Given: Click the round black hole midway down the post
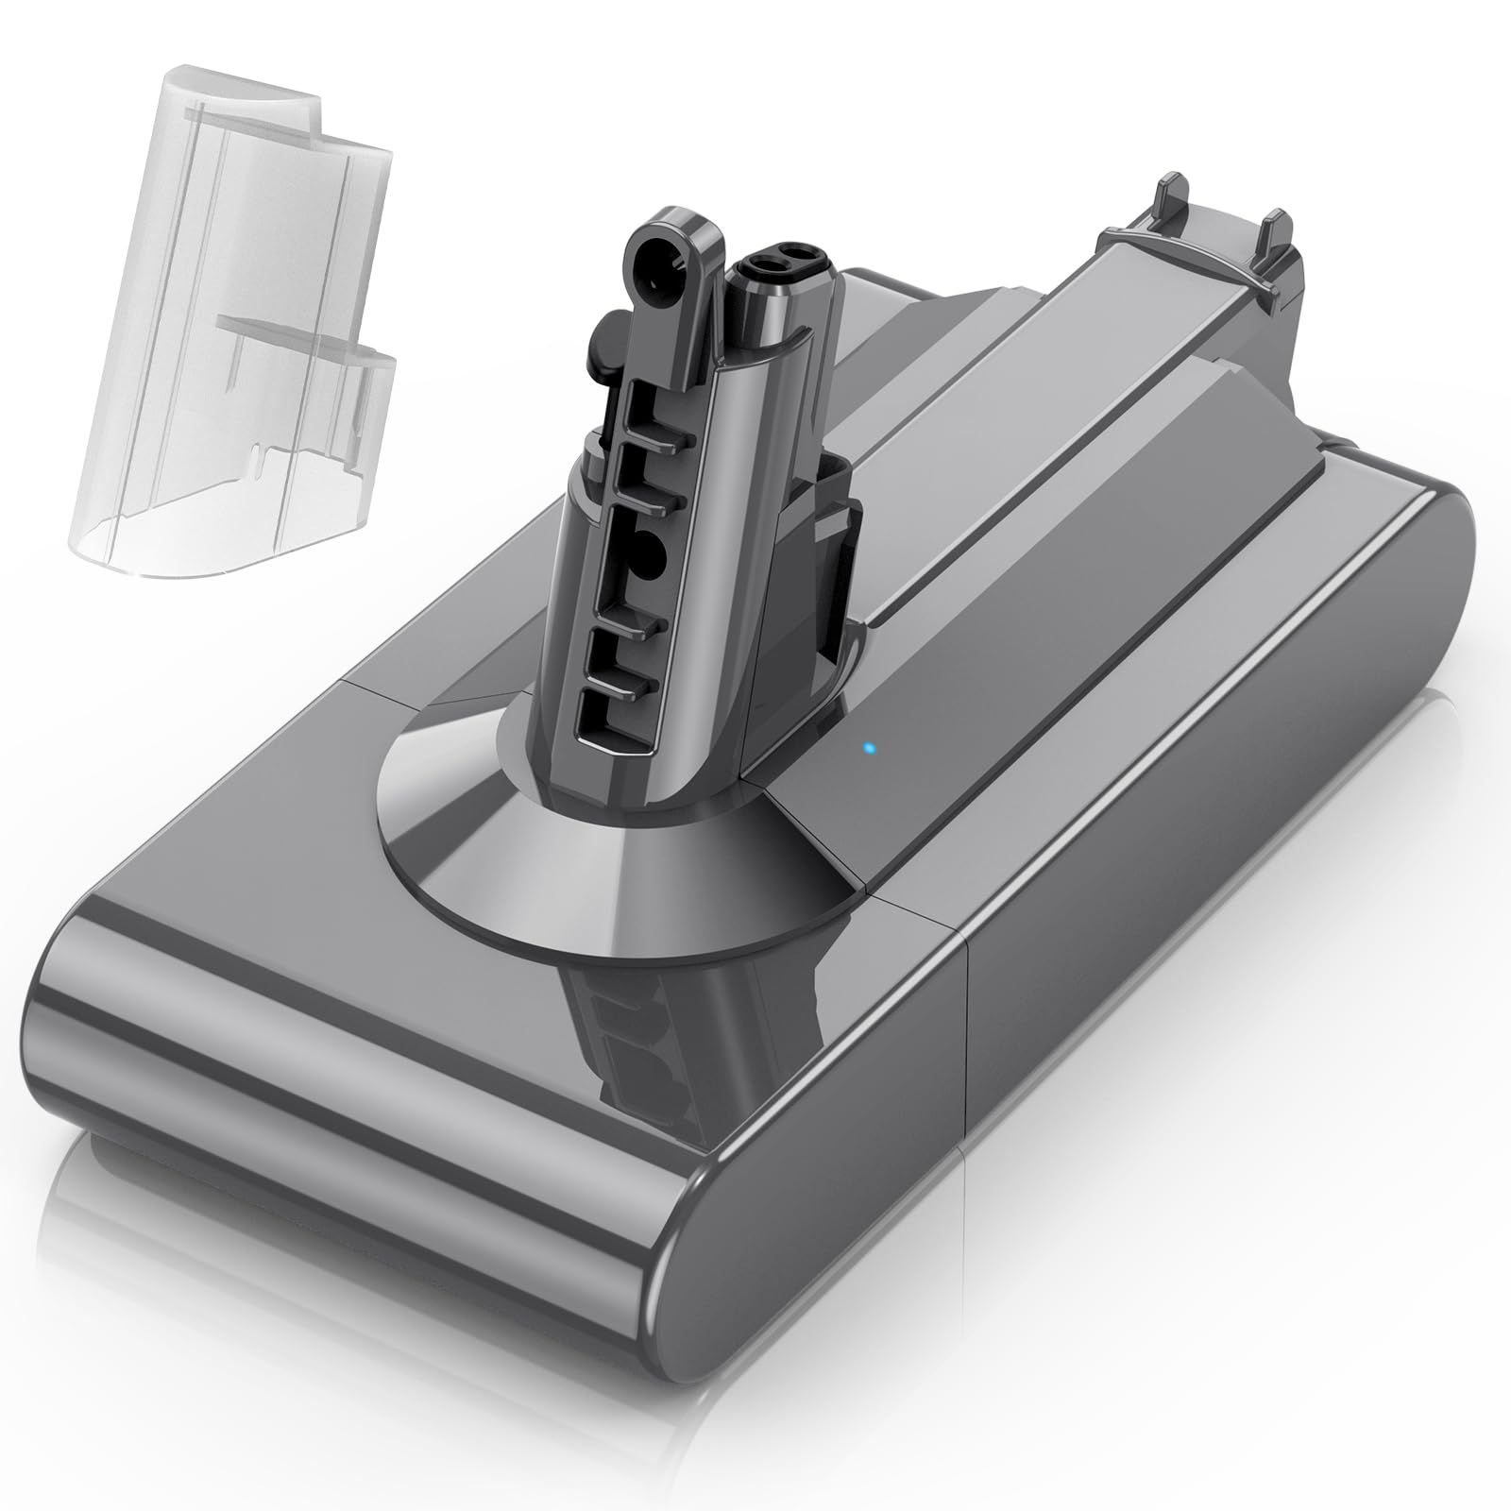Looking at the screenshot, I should coord(654,549).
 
